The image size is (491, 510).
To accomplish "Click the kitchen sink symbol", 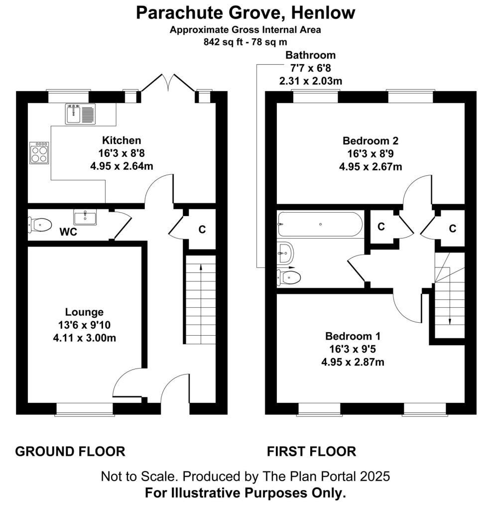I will (x=80, y=115).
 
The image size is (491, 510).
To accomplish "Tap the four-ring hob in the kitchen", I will (x=40, y=152).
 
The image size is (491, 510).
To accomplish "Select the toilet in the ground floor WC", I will (x=40, y=224).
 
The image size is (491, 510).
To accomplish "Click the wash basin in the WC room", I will (x=85, y=218).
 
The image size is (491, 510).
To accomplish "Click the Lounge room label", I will (x=85, y=312).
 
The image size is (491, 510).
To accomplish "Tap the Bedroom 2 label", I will (x=370, y=141).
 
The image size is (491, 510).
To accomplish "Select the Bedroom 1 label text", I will (x=353, y=336).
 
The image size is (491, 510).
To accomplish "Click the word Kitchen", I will (x=122, y=140).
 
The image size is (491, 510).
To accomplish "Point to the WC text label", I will (x=68, y=232).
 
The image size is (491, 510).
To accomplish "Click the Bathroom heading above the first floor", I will (x=311, y=55).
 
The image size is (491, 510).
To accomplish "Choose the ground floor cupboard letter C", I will (x=202, y=230).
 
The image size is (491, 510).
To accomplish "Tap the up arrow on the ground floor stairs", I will (x=201, y=269).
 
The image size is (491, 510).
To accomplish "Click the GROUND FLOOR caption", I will (x=70, y=452).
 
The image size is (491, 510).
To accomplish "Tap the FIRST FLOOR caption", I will (x=312, y=452).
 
